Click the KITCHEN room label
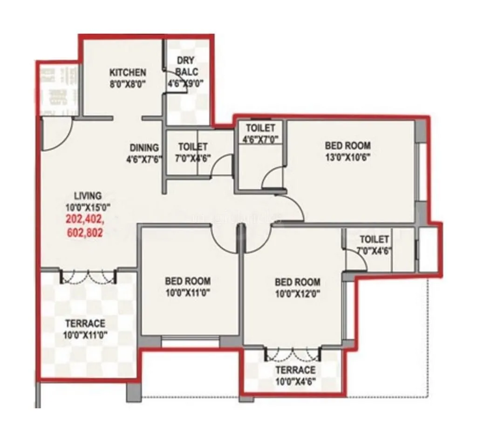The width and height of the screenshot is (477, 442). point(128,72)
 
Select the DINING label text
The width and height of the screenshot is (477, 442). point(144,148)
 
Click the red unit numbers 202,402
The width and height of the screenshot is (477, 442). point(84,218)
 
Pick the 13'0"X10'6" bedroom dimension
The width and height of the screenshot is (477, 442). point(348,156)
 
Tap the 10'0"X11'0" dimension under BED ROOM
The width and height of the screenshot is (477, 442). point(187,292)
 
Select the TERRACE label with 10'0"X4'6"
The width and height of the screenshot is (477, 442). point(295,370)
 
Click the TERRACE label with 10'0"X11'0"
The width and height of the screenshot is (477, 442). point(85,323)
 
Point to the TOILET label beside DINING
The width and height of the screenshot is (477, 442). point(192,147)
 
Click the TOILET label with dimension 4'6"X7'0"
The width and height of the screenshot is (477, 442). point(260,128)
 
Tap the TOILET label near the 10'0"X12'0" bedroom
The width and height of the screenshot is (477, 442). point(374,239)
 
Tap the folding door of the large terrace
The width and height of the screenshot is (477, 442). point(88,277)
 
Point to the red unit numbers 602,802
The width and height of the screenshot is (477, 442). point(84,231)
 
